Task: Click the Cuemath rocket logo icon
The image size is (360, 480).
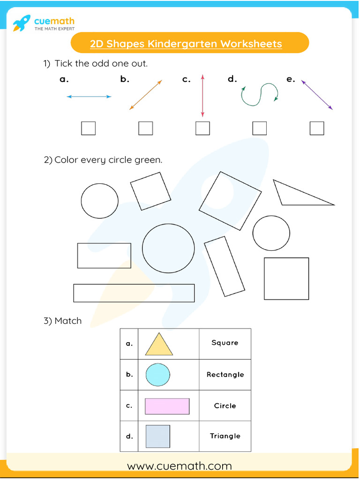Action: click(21, 22)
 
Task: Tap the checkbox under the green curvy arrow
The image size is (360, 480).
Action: click(259, 128)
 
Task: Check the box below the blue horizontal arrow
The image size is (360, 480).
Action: click(88, 128)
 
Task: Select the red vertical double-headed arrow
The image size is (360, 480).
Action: click(202, 95)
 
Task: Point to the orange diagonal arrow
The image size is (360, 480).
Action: click(145, 95)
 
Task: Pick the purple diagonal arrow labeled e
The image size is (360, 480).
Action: click(317, 95)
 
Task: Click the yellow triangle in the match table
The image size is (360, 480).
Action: click(159, 345)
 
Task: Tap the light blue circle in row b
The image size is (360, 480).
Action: click(157, 375)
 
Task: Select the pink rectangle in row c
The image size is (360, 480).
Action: click(167, 406)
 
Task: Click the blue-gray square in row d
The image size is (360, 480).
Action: click(157, 436)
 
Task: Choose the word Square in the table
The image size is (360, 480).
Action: click(225, 343)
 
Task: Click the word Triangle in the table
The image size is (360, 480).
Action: click(225, 436)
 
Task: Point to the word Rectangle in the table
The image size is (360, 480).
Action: click(225, 375)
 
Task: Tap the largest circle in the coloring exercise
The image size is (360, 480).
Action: click(168, 248)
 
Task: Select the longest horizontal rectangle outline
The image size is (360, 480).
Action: click(134, 293)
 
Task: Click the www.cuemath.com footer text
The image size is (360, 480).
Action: click(180, 465)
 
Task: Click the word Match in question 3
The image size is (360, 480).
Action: click(68, 321)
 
